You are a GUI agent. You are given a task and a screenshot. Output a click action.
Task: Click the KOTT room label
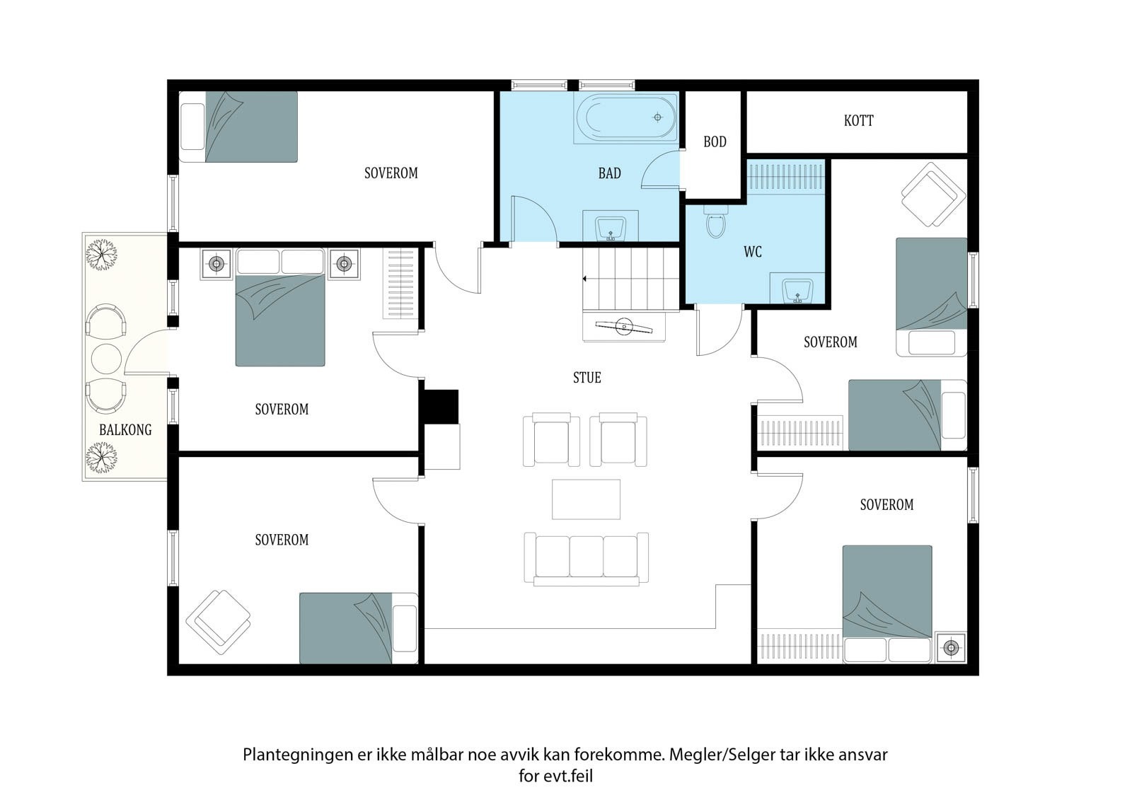pos(859,121)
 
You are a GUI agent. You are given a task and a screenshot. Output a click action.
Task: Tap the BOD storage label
pos(715,142)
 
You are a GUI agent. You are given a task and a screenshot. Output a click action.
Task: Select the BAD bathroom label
pos(609,173)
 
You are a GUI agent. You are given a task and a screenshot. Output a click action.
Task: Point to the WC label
pos(753,252)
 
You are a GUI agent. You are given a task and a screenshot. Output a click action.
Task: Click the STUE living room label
pos(587,378)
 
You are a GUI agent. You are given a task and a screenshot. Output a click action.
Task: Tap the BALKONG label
pos(125,429)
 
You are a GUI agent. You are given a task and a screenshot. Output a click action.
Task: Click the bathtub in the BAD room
pos(625,117)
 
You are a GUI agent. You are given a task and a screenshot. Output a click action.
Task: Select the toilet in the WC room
pos(715,221)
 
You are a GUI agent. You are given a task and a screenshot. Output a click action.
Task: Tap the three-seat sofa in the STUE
pos(587,559)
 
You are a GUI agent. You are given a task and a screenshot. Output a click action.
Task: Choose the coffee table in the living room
pos(587,499)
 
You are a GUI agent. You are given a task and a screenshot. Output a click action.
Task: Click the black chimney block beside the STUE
pos(441,407)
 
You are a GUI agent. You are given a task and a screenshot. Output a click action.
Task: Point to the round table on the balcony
pos(106,359)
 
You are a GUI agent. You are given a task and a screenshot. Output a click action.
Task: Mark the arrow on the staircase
pos(585,279)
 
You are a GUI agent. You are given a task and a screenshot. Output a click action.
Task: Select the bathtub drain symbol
pos(657,117)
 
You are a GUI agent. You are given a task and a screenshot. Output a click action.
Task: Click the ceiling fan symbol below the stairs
pos(624,327)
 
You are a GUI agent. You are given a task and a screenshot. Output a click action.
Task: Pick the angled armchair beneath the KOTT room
pos(933,195)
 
